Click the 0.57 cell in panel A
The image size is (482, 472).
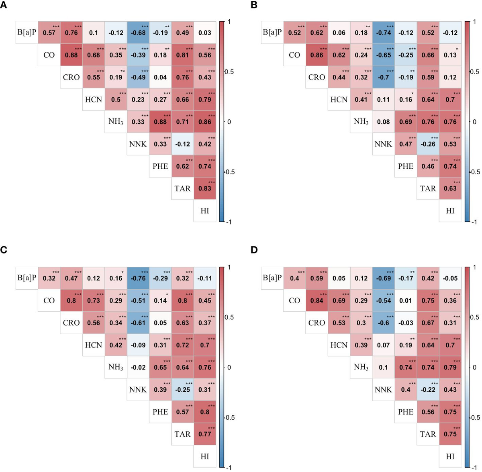[49, 33]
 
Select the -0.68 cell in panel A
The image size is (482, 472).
[138, 33]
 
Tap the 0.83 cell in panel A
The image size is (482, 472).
[205, 188]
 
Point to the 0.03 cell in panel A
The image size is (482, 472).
[205, 33]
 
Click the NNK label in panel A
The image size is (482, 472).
[138, 144]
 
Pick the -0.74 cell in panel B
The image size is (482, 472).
[384, 33]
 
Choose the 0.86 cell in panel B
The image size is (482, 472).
[317, 55]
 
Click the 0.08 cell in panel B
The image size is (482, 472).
[384, 122]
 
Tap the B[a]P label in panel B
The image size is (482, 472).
[272, 32]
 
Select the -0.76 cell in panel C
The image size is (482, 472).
[138, 278]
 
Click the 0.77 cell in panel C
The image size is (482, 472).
[205, 434]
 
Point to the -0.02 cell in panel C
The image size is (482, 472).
[138, 367]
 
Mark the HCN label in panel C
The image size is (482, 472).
[94, 345]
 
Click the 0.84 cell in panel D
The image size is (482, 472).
[317, 300]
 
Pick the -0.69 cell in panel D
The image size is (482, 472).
[384, 278]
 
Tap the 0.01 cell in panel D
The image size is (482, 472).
[406, 300]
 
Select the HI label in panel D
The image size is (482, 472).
[450, 456]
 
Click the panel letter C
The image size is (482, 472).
[4, 250]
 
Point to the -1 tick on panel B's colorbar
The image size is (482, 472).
[474, 222]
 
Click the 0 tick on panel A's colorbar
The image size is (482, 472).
[229, 122]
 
